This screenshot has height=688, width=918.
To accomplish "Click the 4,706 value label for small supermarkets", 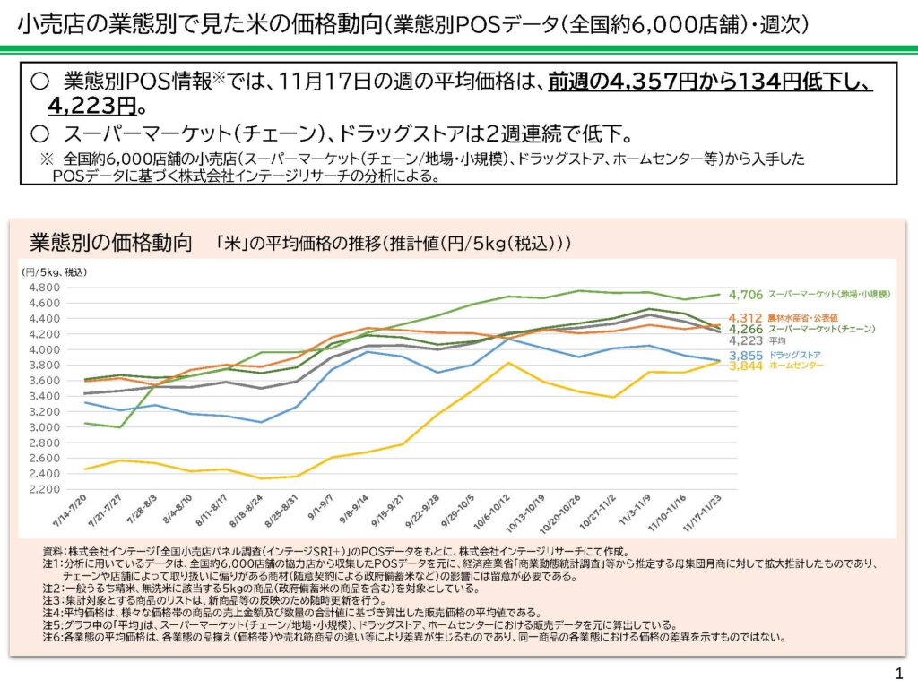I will point(745,294).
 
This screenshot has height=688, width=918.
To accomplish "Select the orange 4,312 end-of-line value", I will point(745,318).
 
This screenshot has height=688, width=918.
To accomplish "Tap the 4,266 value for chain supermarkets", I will point(745,329).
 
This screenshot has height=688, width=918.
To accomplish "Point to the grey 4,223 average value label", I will point(745,340).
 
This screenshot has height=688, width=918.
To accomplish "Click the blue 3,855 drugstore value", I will point(745,356).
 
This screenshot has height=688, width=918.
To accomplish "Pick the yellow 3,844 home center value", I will point(745,365).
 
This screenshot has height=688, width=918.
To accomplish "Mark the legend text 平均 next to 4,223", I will point(777,340).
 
